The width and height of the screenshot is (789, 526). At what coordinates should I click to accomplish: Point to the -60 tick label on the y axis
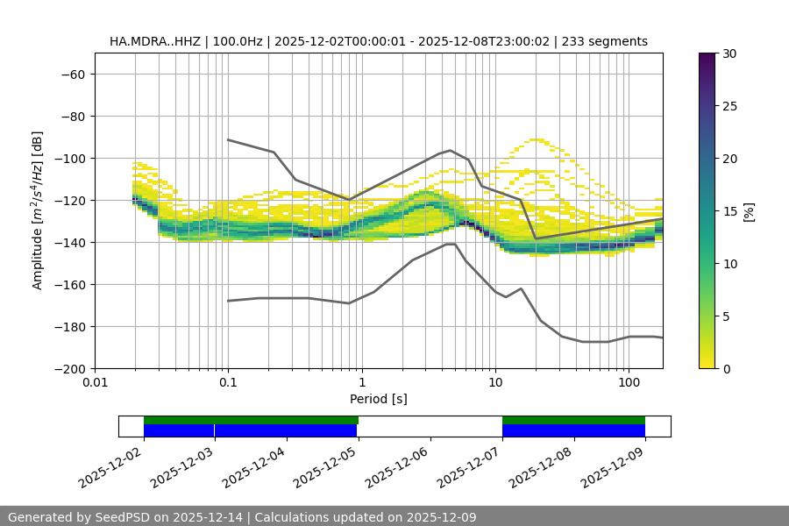pyautogui.click(x=72, y=74)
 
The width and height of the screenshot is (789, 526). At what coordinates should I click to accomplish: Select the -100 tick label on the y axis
pyautogui.click(x=68, y=158)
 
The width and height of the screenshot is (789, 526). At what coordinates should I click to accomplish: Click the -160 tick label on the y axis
pyautogui.click(x=68, y=284)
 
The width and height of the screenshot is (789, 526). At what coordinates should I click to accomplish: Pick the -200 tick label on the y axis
pyautogui.click(x=68, y=368)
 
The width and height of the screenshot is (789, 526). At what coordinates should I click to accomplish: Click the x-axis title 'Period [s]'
pyautogui.click(x=378, y=399)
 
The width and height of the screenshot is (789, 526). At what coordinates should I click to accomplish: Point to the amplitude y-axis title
pyautogui.click(x=38, y=211)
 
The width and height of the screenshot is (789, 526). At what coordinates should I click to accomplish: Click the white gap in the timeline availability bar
pyautogui.click(x=430, y=426)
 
